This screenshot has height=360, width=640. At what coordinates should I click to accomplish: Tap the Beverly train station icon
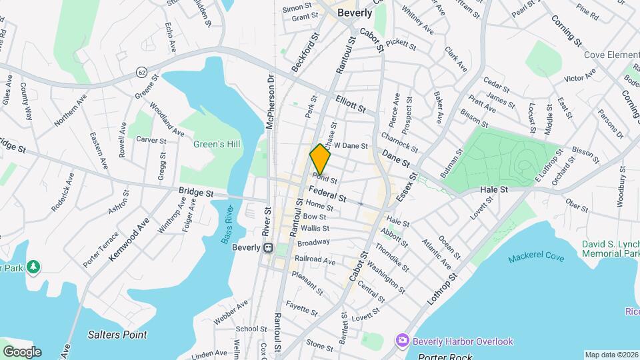coord(268,247)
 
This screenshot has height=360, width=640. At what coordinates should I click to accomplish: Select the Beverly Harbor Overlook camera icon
coord(402,341)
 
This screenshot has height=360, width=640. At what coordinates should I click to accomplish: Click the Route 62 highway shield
coord(141,71)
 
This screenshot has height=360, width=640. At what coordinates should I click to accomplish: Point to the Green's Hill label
coord(217,144)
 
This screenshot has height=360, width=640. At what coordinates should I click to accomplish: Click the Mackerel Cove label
coord(535,258)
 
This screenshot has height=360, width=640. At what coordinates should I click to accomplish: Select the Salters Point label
coord(118,335)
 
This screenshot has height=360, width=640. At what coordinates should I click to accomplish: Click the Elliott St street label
coord(351,103)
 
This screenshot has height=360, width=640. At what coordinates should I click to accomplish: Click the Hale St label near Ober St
coord(494,190)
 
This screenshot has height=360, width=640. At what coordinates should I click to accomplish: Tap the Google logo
coord(22,351)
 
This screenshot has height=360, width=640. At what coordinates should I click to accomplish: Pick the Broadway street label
coord(313,242)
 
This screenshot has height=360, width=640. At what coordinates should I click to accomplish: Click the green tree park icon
coord(33,267)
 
